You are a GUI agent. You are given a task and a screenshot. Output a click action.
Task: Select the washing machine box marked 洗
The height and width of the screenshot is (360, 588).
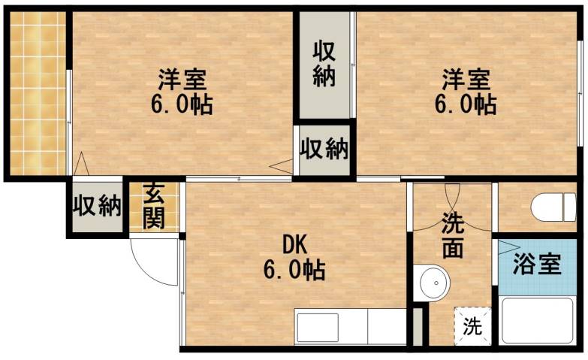click(472, 327)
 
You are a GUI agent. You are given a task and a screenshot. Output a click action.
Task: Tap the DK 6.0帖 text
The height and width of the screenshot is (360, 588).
click(294, 256)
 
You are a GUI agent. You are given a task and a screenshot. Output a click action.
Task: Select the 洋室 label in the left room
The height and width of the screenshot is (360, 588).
click(182, 79)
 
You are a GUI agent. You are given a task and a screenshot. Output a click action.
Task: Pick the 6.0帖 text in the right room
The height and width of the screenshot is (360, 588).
click(466, 104)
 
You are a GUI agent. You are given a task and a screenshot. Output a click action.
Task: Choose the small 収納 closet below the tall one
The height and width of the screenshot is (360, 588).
click(324, 149)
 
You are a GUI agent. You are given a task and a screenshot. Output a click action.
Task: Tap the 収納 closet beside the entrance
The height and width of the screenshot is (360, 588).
click(97, 206)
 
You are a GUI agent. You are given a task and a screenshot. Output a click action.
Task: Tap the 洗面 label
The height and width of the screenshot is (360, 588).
click(453, 235)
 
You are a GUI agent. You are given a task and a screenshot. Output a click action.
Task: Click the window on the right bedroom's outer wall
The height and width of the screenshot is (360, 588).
click(580, 90)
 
